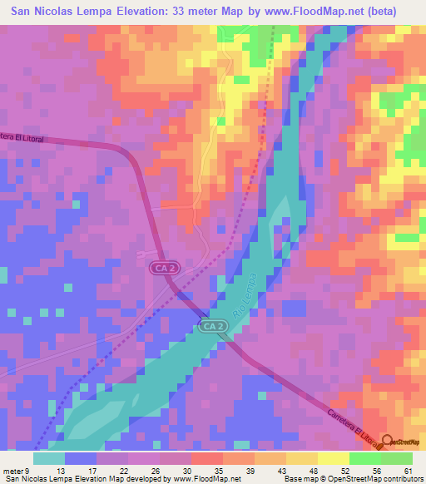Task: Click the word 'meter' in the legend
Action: pyautogui.click(x=12, y=471)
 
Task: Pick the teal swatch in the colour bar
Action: pyautogui.click(x=49, y=458)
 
